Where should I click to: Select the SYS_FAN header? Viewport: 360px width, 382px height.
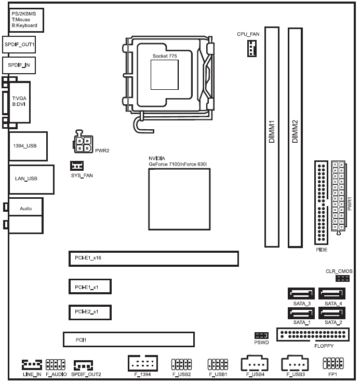pyautogui.click(x=76, y=166)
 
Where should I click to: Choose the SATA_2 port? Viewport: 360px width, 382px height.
pyautogui.click(x=332, y=313)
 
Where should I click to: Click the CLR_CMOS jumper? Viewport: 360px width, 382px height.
pyautogui.click(x=342, y=279)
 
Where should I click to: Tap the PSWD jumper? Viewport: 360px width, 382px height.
pyautogui.click(x=261, y=335)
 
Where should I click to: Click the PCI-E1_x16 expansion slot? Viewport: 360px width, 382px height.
pyautogui.click(x=153, y=258)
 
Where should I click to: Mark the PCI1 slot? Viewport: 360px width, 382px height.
pyautogui.click(x=128, y=340)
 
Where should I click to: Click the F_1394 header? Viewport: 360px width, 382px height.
pyautogui.click(x=142, y=363)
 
